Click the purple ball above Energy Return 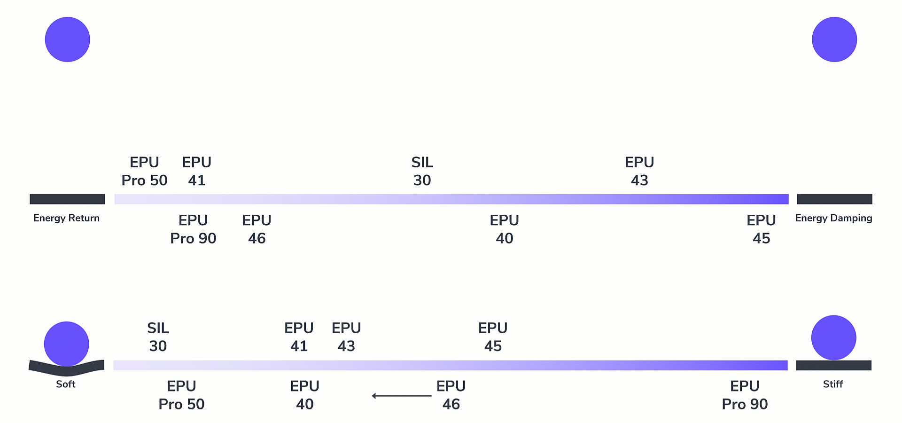coord(67,39)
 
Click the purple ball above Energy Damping coord(834,39)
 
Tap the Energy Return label coord(66,218)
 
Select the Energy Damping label coord(834,218)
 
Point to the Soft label coord(66,384)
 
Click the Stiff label coord(833,384)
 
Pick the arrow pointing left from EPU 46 coord(402,396)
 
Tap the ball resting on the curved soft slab coord(67,344)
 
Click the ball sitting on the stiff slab coord(834,337)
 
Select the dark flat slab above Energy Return coord(67,199)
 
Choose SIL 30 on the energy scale coord(422,171)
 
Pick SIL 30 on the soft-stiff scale coord(158,337)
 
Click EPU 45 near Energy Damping coord(761,229)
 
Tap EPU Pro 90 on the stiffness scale coord(745,395)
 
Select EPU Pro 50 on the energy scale coord(144,171)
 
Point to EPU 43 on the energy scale coord(639,171)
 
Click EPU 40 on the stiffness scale coord(304,395)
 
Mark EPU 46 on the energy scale coord(257,229)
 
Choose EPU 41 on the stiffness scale coord(299,337)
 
